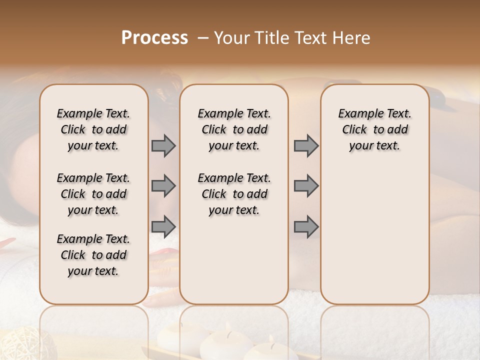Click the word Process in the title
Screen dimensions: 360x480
(154, 37)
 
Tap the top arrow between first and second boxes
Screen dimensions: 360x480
(163, 145)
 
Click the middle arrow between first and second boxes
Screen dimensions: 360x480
(163, 186)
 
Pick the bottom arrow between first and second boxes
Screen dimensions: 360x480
(163, 226)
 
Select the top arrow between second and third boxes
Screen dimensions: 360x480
(306, 145)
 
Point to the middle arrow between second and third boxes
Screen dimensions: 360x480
(306, 186)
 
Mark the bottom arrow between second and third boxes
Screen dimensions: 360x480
(306, 226)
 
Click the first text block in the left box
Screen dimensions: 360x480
(93, 129)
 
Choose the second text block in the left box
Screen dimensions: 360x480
(93, 194)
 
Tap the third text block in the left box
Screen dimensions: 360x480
(93, 255)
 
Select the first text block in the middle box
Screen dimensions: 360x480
(234, 129)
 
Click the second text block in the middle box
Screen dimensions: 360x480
(234, 194)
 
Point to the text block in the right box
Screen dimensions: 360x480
(375, 129)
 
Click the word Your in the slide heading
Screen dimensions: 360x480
(231, 37)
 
